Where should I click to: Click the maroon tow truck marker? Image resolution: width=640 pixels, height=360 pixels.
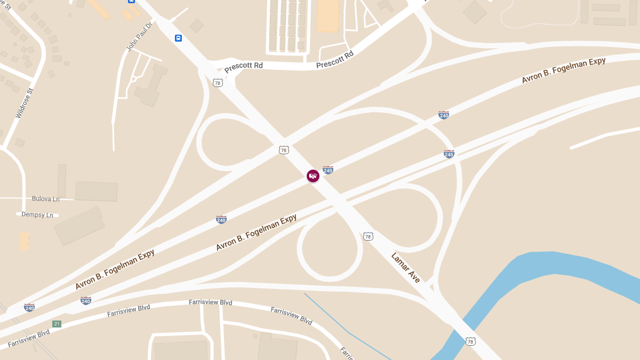(313, 175)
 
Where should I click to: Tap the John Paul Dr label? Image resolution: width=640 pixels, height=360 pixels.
(139, 36)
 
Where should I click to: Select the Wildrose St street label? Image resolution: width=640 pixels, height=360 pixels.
(25, 103)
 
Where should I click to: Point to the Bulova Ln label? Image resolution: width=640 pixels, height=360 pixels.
(45, 199)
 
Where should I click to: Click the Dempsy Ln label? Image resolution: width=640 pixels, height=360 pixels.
(37, 215)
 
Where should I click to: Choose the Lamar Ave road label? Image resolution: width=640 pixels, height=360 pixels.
(405, 267)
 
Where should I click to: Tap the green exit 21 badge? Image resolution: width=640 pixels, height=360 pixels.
(57, 324)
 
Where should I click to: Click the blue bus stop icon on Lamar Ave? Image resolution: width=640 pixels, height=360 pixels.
(178, 38)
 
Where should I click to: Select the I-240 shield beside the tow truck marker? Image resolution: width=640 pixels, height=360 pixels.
(328, 170)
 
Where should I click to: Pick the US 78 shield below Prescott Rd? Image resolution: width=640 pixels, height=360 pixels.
(217, 83)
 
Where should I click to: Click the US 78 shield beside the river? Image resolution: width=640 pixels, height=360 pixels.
(470, 341)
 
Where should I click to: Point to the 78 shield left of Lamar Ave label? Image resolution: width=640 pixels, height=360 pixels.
(368, 236)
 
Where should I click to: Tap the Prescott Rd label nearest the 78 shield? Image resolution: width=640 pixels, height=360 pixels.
(243, 66)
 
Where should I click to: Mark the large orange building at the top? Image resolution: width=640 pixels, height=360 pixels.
(327, 15)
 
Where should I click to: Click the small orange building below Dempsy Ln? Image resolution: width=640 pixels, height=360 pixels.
(25, 241)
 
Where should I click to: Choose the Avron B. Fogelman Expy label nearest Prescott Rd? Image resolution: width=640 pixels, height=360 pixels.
(564, 70)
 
